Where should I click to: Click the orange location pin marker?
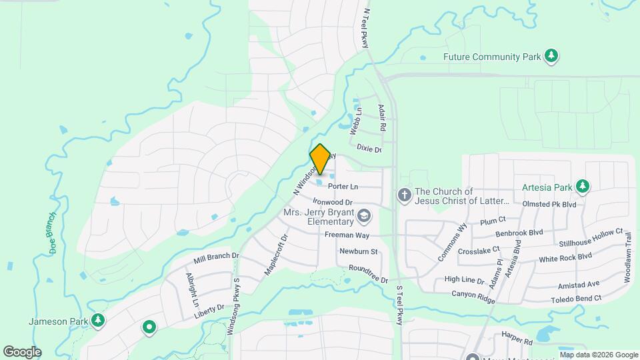coord(320,159)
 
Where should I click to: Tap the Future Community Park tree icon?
coord(551,56)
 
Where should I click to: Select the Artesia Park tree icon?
coord(583,185)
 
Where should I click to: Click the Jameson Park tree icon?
coord(98,321)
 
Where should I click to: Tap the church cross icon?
coord(403,195)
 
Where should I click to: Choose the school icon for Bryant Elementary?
coord(363,215)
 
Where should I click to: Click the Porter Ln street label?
coord(343,186)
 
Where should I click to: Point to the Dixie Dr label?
coord(369,149)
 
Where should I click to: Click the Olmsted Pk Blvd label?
coord(549,204)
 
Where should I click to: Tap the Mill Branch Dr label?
coord(216,259)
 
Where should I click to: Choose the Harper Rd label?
coord(519,341)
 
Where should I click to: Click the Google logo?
coord(23,351)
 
